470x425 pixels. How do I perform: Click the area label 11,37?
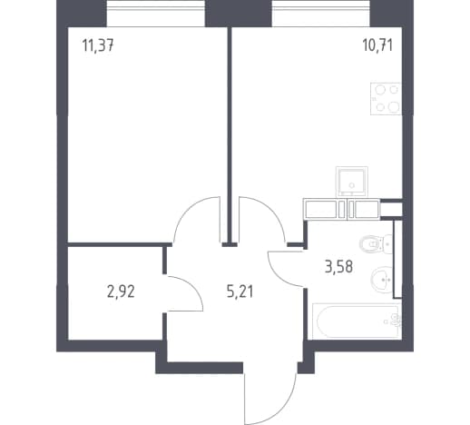point(98,46)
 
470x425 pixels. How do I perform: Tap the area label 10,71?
point(377,45)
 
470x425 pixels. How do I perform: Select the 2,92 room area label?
point(121,292)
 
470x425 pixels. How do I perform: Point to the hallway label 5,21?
point(240,292)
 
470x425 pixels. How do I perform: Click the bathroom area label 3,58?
point(339,267)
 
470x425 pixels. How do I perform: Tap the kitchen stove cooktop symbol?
point(387,99)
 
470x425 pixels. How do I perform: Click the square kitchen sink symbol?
point(352,181)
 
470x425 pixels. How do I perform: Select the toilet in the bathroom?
point(376,244)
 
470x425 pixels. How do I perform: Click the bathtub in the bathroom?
point(357,321)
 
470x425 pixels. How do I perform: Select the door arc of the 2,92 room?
point(194,288)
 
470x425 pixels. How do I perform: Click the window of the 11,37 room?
point(156,14)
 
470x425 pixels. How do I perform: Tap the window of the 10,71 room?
point(320,14)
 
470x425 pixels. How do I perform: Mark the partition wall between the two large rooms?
point(230,133)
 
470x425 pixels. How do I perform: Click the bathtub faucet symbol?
point(395,321)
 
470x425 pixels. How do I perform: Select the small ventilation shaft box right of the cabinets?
point(391,209)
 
